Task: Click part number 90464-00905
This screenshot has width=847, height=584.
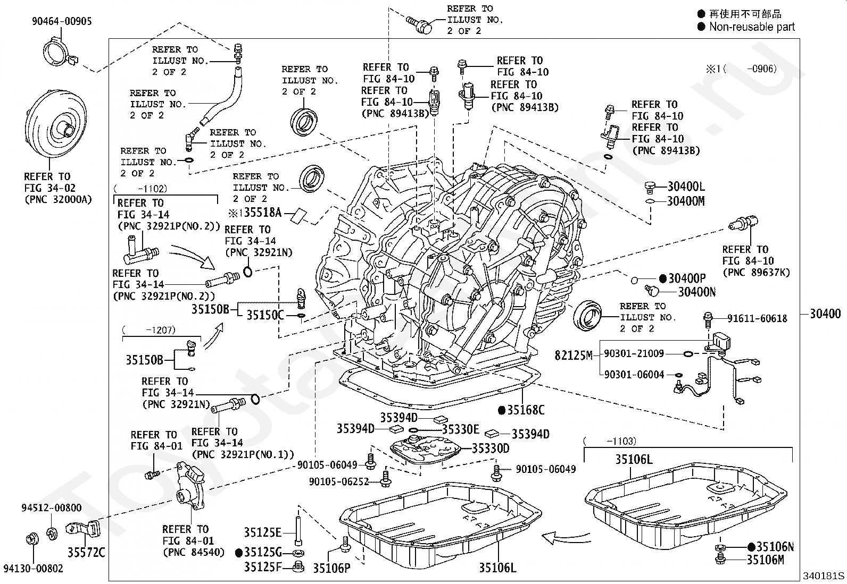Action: (x=61, y=21)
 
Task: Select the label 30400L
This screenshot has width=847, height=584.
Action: (x=686, y=187)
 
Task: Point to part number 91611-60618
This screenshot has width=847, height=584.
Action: (x=757, y=318)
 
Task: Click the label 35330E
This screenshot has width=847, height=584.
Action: (x=461, y=429)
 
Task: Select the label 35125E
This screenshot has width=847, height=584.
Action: (x=263, y=532)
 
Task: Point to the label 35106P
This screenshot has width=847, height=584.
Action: (x=331, y=568)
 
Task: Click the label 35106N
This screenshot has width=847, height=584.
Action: (x=775, y=547)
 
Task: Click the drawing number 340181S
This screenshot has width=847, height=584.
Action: (x=824, y=575)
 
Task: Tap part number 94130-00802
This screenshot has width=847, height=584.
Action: (x=33, y=569)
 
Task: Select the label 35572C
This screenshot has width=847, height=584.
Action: (x=86, y=553)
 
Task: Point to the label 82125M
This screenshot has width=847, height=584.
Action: (x=573, y=355)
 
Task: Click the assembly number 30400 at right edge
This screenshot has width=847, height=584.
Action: (x=825, y=314)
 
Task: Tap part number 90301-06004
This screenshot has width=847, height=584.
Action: (x=634, y=375)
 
